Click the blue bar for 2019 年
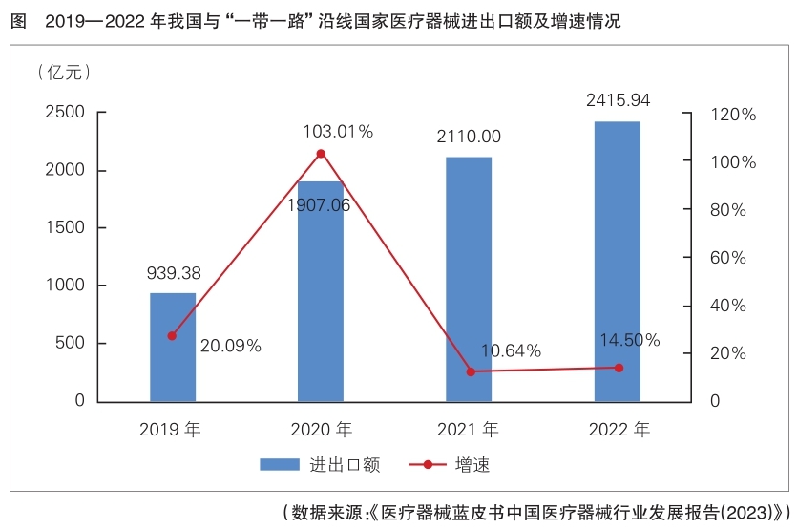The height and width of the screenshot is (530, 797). (173, 348)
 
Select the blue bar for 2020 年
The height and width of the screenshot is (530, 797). (321, 291)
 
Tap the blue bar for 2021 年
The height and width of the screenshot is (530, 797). (469, 279)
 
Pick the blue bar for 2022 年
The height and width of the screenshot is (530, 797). (618, 262)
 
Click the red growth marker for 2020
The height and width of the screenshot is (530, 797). (321, 154)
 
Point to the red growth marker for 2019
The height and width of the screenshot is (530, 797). (173, 336)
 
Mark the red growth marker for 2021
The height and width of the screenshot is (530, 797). (470, 371)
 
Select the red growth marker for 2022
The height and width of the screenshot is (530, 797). (618, 368)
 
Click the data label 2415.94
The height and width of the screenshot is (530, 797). (618, 100)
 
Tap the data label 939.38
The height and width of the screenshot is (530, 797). (173, 274)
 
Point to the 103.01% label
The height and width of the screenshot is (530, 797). (338, 132)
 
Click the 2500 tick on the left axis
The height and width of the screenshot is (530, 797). (64, 114)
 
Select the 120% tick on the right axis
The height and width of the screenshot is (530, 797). (731, 115)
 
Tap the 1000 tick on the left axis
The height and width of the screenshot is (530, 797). (64, 286)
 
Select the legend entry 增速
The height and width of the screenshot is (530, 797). (472, 465)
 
